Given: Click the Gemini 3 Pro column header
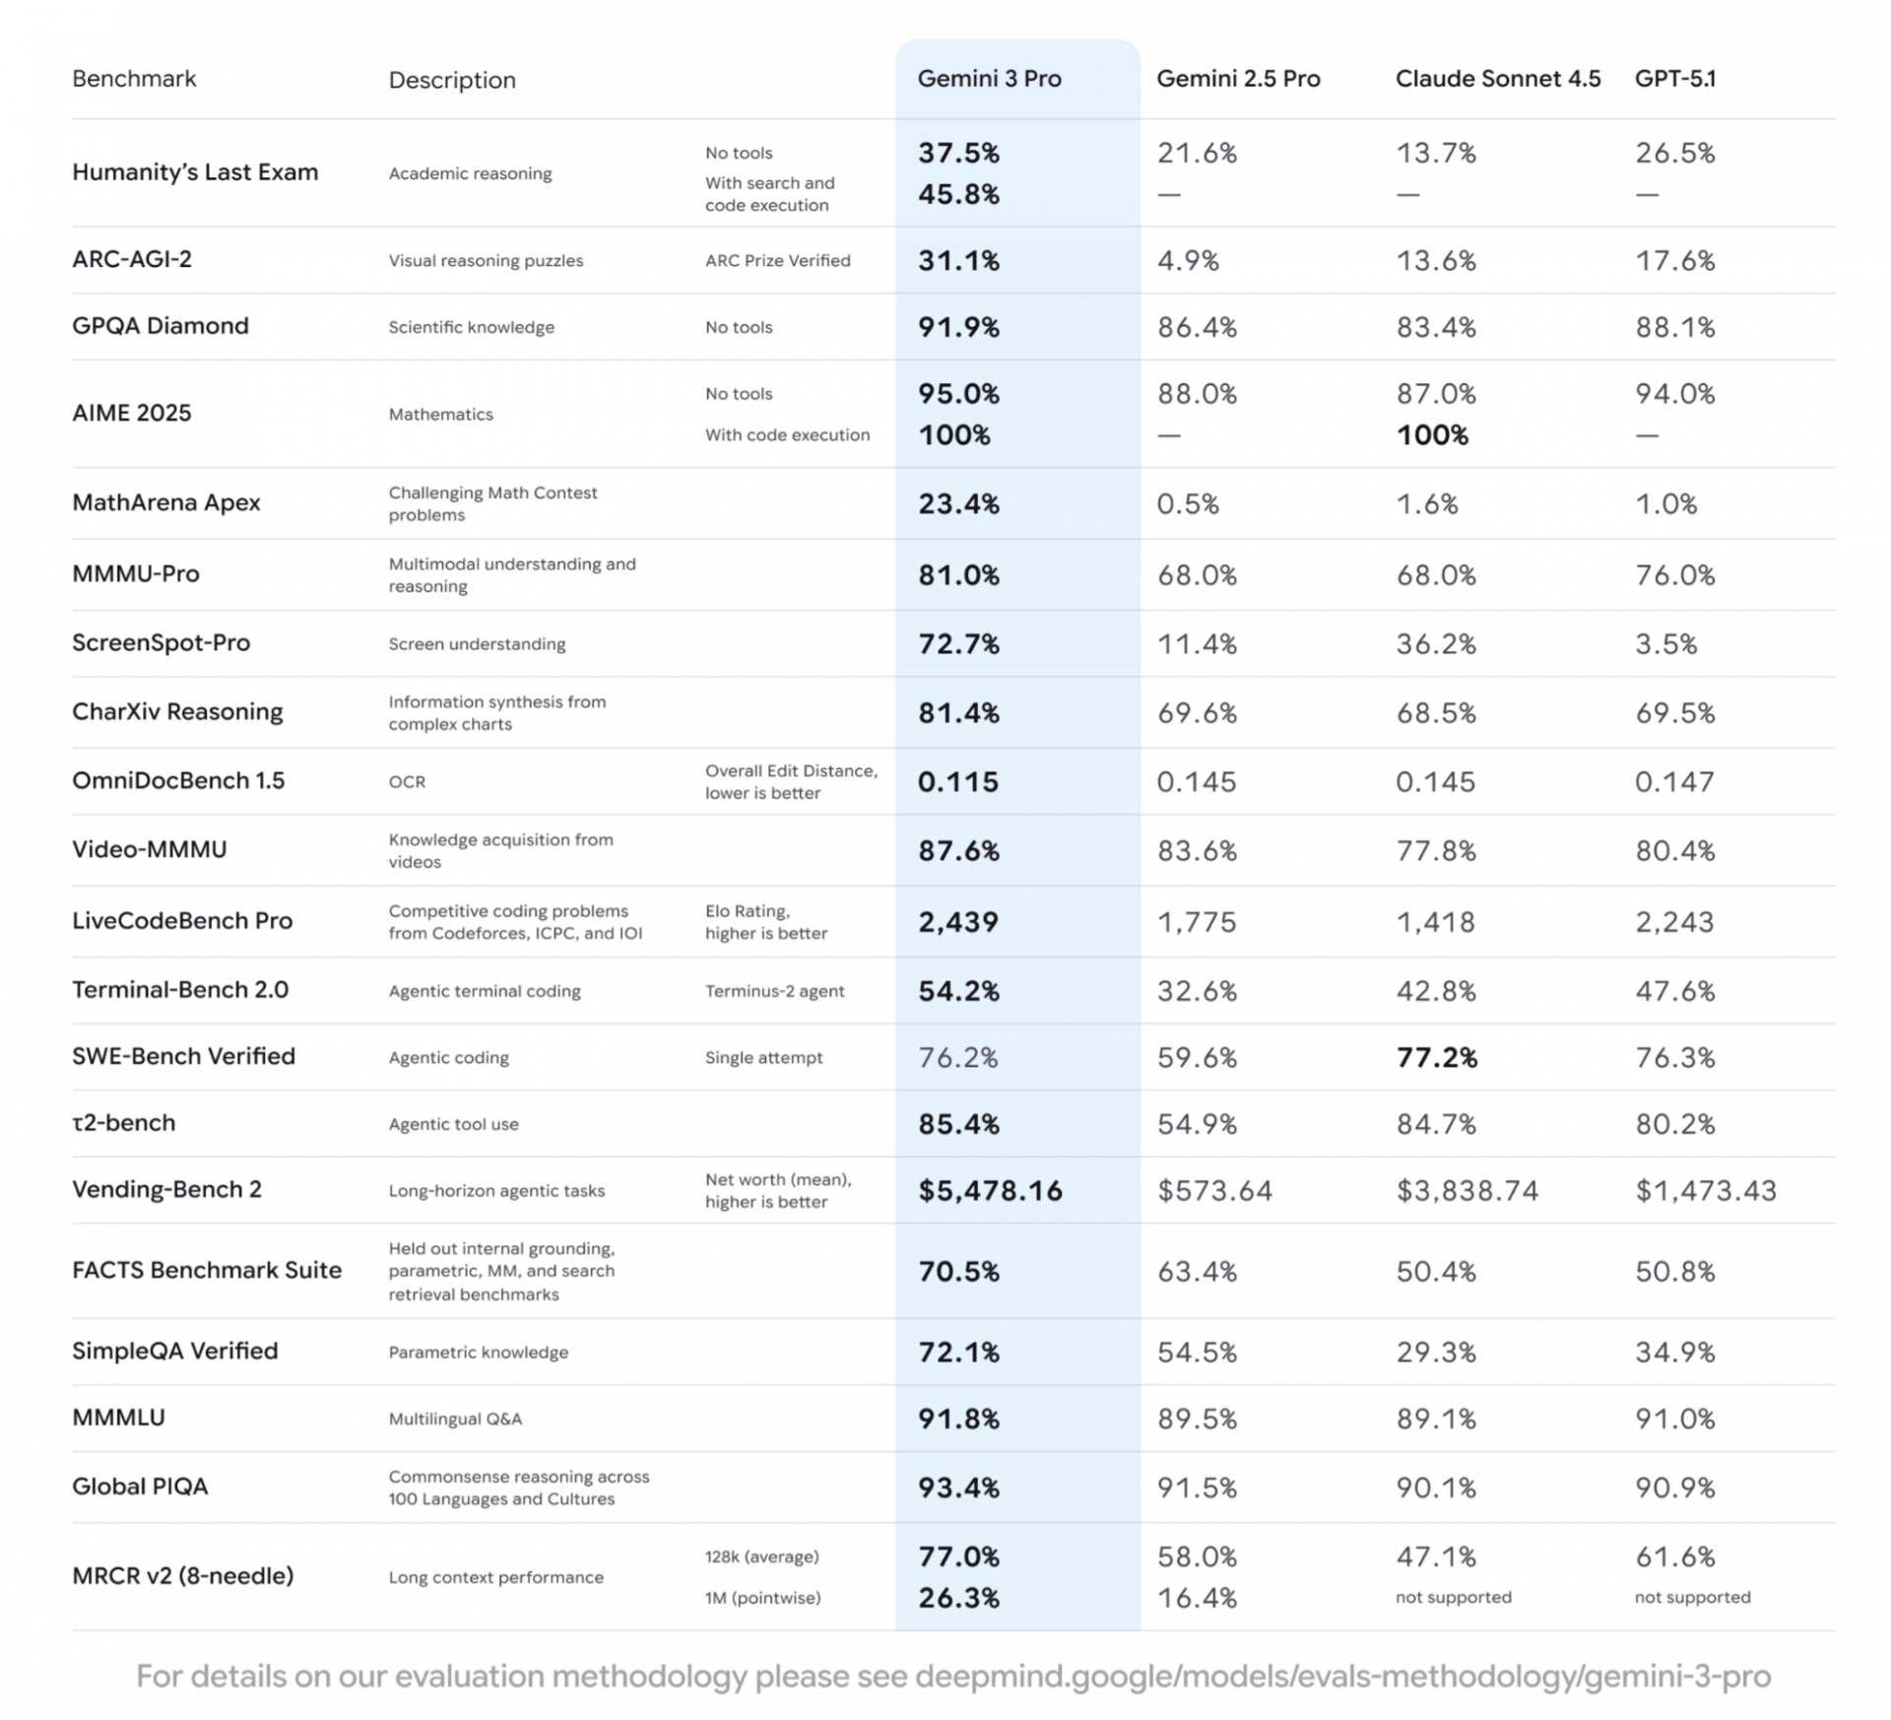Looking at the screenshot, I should (x=989, y=79).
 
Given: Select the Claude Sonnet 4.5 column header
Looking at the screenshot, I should (x=1497, y=79).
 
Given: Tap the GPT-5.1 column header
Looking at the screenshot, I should (x=1674, y=79).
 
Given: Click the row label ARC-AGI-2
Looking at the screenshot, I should (x=132, y=259).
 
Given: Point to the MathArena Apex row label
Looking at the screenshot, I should (x=165, y=502).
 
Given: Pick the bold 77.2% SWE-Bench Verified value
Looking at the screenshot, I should (x=1436, y=1057).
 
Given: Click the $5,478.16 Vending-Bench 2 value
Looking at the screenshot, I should (x=990, y=1190).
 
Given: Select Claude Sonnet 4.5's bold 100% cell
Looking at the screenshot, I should (x=1432, y=434).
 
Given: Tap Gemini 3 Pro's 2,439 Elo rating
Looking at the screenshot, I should (x=957, y=922).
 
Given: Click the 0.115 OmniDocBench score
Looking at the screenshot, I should (x=957, y=782).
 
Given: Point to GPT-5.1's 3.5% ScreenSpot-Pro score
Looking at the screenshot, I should (x=1665, y=644).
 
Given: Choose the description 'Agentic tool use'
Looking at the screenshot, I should (x=453, y=1124).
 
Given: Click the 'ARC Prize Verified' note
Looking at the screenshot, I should (x=777, y=260).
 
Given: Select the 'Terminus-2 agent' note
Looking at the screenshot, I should (x=774, y=991).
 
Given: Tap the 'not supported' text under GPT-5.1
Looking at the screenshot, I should (x=1692, y=1597).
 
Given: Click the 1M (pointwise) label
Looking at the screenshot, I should (x=762, y=1598).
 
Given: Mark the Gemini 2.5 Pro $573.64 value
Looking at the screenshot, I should (x=1214, y=1190).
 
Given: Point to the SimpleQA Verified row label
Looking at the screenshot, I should (x=174, y=1351).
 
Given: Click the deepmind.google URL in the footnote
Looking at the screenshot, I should (x=1342, y=1676).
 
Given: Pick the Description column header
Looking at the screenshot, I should (x=451, y=80).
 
